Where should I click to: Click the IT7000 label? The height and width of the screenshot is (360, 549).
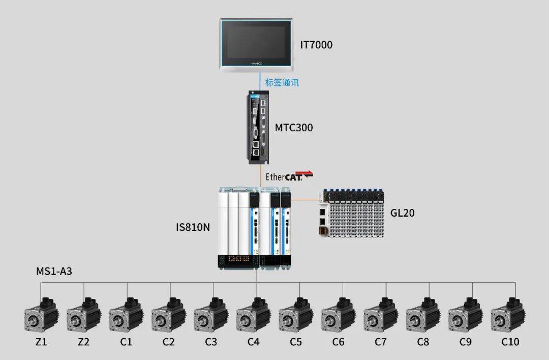tap(316, 45)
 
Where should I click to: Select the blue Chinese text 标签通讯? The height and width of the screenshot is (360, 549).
tap(282, 83)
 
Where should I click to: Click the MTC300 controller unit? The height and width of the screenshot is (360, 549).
tap(258, 128)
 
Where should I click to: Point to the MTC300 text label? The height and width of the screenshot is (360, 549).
tap(294, 128)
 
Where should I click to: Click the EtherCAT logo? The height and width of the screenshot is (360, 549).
tap(289, 176)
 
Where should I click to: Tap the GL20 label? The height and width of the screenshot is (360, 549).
tap(402, 213)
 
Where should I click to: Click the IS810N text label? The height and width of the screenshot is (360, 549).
tap(193, 227)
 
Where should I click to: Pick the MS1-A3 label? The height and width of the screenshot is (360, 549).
tap(54, 272)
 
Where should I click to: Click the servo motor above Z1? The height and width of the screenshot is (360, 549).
tap(41, 315)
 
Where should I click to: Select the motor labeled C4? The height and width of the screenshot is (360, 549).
tap(254, 315)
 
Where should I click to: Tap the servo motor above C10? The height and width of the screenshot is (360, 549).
tap(508, 315)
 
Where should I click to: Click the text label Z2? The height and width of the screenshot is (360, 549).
tap(83, 342)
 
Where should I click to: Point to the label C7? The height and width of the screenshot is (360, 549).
tap(381, 342)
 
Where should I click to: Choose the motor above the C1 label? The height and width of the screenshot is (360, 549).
tap(126, 315)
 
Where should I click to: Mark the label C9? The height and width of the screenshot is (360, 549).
tap(465, 342)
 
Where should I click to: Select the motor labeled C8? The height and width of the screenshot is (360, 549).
tap(423, 315)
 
